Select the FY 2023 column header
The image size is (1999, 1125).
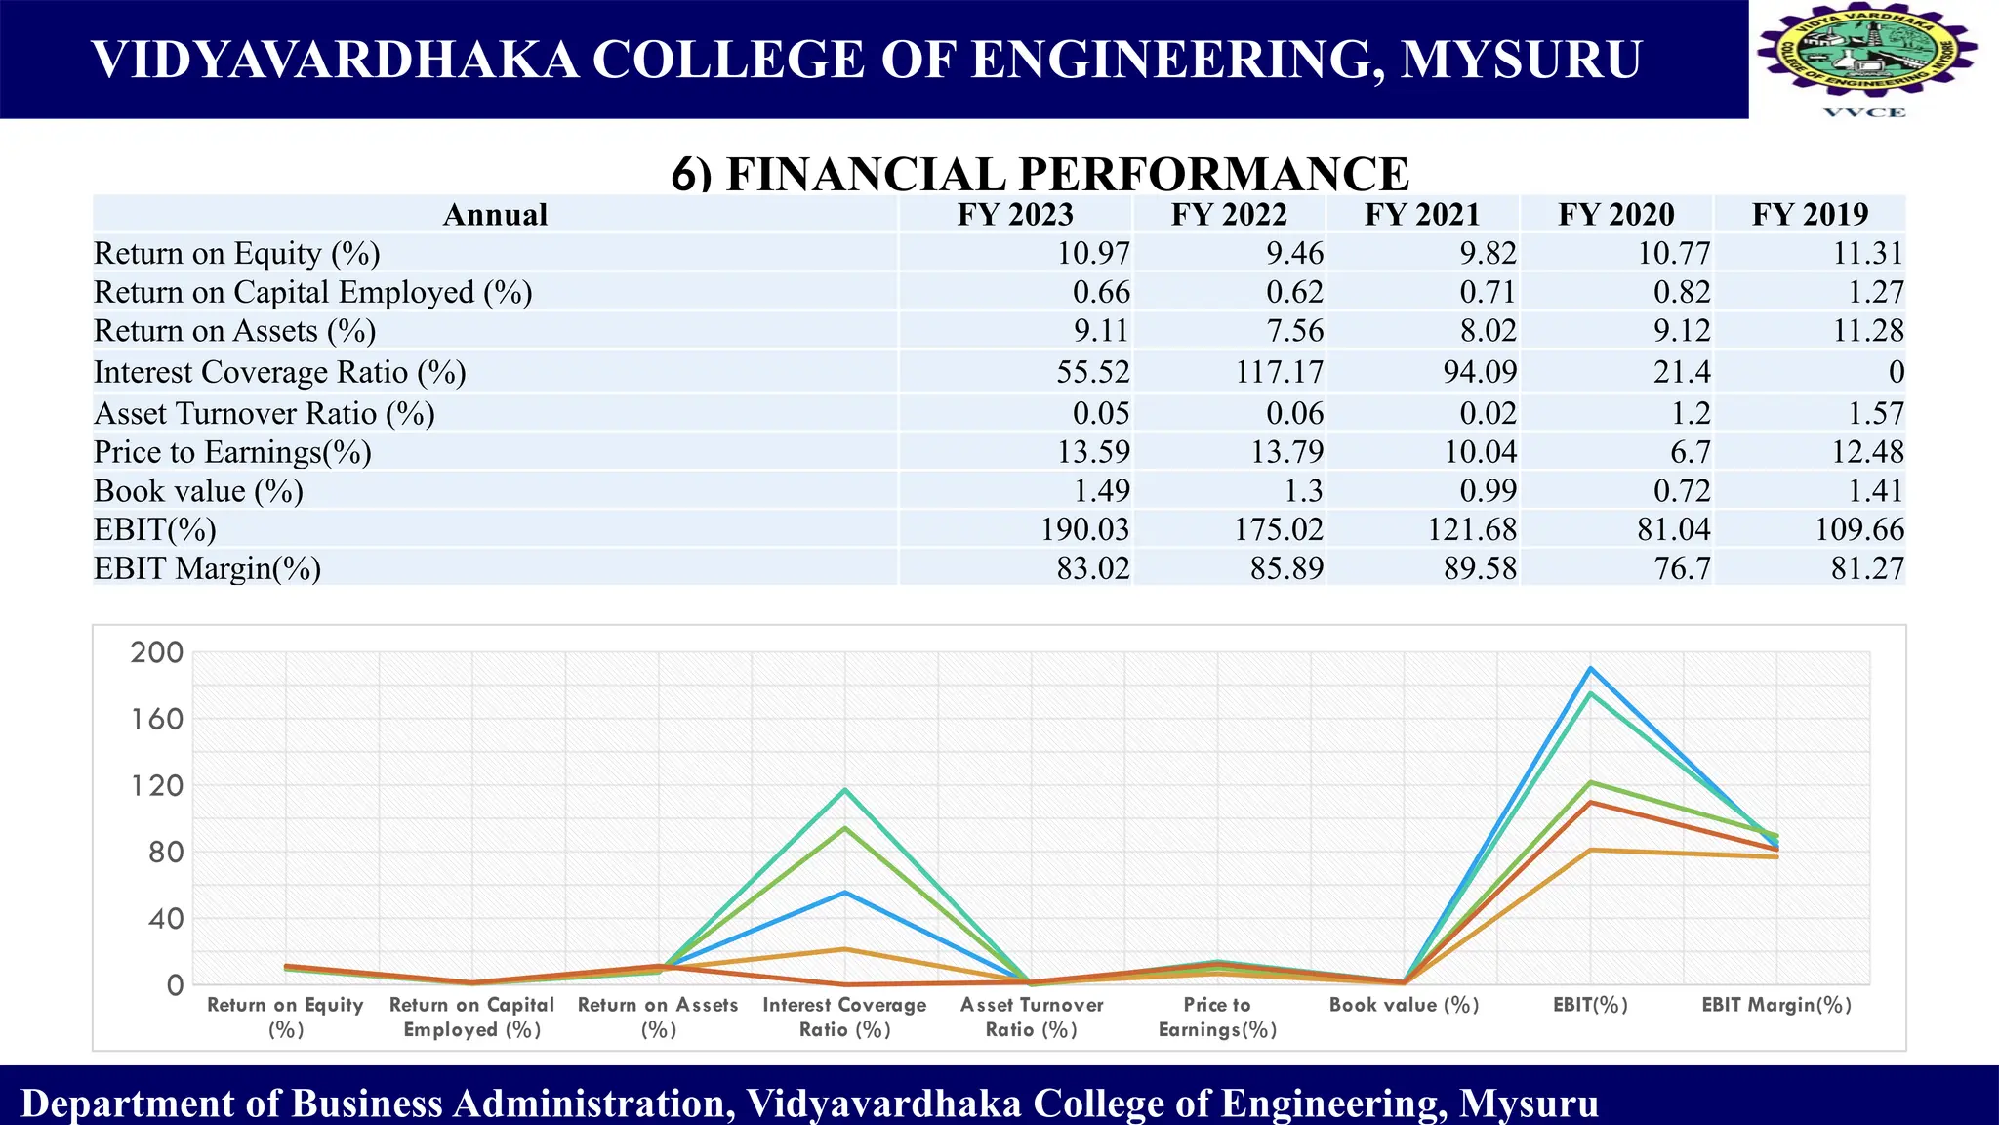coord(1014,215)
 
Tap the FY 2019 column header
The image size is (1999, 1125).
coord(1809,215)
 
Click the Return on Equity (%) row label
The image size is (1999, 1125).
coord(236,254)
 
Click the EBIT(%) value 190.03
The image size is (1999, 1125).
coord(1084,529)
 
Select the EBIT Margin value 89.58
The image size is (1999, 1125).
coord(1480,568)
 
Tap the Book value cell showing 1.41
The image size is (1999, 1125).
coord(1875,490)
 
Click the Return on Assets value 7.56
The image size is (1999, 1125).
coord(1294,331)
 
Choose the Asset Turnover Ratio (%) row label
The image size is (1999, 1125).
coord(264,414)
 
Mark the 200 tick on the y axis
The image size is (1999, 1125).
coord(157,652)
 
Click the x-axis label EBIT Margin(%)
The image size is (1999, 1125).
coord(1776,1005)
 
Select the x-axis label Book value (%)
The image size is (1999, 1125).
coord(1404,1005)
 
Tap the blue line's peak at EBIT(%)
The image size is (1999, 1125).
coord(1591,669)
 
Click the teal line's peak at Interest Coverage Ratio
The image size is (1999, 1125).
coord(845,790)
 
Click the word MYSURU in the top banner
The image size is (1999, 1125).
coord(1521,60)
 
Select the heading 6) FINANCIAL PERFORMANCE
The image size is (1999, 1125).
coord(1040,174)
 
